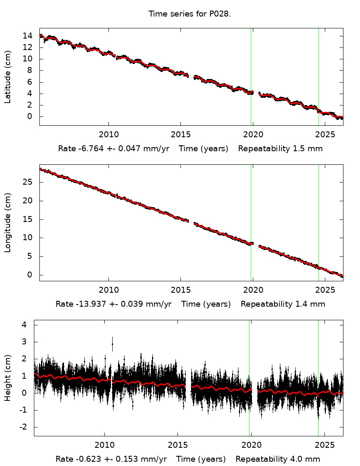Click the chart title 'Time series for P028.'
[x=189, y=14]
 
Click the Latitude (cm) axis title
[x=8, y=77]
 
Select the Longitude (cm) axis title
[x=8, y=223]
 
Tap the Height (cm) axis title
[x=8, y=378]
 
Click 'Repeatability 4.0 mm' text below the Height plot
[x=278, y=459]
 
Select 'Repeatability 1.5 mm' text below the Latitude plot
[x=280, y=149]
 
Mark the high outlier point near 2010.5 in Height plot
[x=112, y=344]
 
